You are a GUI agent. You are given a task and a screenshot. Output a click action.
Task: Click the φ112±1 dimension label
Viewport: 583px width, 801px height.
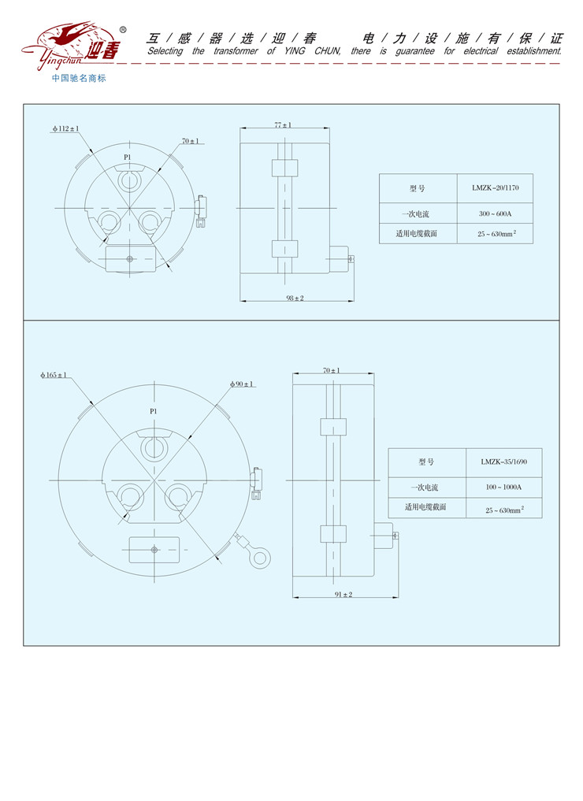[66, 128]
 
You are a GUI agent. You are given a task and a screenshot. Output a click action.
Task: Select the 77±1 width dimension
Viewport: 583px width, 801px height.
[283, 124]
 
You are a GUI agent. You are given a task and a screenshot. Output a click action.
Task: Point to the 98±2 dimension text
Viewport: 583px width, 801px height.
[295, 298]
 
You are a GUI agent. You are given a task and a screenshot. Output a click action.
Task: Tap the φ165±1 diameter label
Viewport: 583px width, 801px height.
[54, 375]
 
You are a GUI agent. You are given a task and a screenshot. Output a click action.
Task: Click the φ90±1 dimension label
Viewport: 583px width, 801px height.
[242, 384]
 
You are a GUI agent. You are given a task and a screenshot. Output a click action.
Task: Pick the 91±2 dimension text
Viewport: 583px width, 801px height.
[343, 594]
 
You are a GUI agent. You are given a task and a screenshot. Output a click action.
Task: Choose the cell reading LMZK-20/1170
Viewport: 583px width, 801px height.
[495, 188]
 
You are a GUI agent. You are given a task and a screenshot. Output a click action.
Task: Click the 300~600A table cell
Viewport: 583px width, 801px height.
[495, 213]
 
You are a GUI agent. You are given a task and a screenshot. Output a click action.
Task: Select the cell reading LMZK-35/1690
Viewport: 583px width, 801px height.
[503, 462]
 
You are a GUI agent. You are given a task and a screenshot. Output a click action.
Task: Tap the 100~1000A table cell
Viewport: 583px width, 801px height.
[503, 488]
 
